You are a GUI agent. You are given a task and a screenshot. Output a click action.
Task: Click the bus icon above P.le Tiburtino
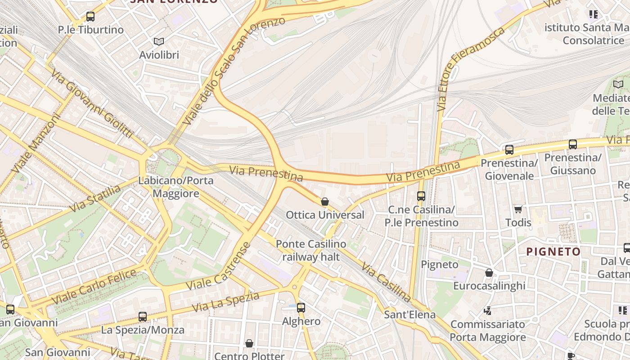(90, 17)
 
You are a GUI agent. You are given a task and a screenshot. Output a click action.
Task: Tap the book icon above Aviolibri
(158, 41)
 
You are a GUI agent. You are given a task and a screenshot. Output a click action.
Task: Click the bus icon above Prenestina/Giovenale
(509, 150)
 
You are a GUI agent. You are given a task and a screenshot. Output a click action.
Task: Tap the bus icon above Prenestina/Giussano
(572, 144)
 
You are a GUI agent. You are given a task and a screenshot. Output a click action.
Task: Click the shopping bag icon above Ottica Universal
(325, 202)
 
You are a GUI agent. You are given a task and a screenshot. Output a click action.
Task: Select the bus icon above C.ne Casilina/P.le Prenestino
(421, 196)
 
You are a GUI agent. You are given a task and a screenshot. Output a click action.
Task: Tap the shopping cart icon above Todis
(518, 209)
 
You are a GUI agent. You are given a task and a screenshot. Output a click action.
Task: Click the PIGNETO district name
(553, 252)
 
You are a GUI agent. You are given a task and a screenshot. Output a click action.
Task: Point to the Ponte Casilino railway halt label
(311, 251)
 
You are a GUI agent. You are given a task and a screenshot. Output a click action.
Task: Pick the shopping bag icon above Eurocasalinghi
(489, 273)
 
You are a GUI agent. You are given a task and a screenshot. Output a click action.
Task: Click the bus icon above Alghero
(301, 308)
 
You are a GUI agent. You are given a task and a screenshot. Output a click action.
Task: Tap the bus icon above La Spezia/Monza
(143, 317)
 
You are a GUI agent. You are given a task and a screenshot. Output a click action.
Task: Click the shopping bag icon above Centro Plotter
(249, 344)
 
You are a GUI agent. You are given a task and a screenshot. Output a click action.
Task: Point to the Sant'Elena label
(409, 315)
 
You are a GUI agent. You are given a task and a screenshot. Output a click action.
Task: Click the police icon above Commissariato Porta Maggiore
(488, 310)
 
